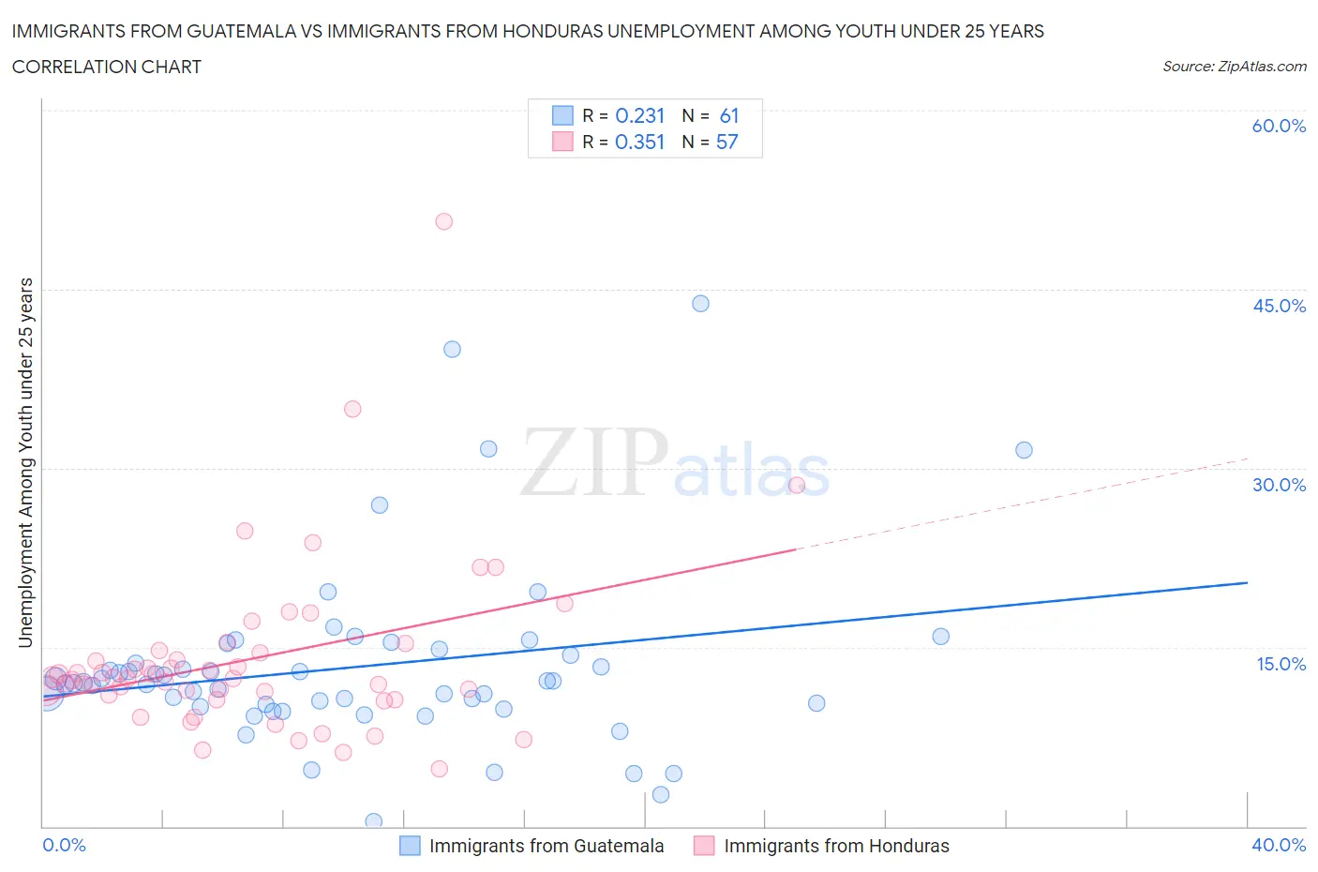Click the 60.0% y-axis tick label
tap(1279, 126)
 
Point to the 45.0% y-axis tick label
tap(1279, 306)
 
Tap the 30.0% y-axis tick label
tap(1279, 485)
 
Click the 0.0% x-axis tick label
tap(64, 845)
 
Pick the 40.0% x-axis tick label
tap(1279, 845)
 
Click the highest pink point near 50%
tap(444, 221)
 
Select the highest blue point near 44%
tap(700, 304)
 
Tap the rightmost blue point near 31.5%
tap(1024, 450)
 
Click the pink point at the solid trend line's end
tap(797, 485)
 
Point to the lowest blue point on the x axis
tap(373, 821)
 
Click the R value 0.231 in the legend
tap(639, 115)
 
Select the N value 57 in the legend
tap(726, 142)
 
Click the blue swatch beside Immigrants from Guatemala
tap(410, 846)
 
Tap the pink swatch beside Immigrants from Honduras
tap(704, 846)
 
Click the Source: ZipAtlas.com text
tap(1234, 67)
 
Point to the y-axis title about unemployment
tap(25, 462)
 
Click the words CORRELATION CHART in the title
tap(107, 67)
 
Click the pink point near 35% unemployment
tap(352, 409)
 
